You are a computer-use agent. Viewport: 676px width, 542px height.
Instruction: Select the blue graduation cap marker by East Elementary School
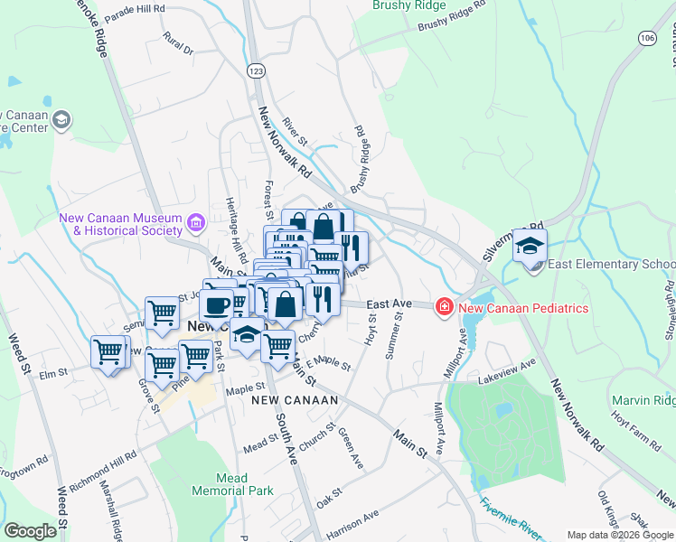click(x=530, y=246)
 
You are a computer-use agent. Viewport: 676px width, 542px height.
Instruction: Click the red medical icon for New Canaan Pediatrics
click(x=445, y=308)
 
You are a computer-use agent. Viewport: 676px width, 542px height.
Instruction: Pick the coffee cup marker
click(x=217, y=304)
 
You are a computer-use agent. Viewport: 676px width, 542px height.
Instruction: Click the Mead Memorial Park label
click(x=232, y=484)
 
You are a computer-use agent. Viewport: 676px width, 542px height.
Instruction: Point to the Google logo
click(x=30, y=531)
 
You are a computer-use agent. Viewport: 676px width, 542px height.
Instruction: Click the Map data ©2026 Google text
click(x=620, y=535)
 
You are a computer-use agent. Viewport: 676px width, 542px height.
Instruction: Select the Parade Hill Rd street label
click(x=135, y=8)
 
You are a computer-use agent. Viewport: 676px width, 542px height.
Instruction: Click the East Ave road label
click(x=390, y=304)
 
